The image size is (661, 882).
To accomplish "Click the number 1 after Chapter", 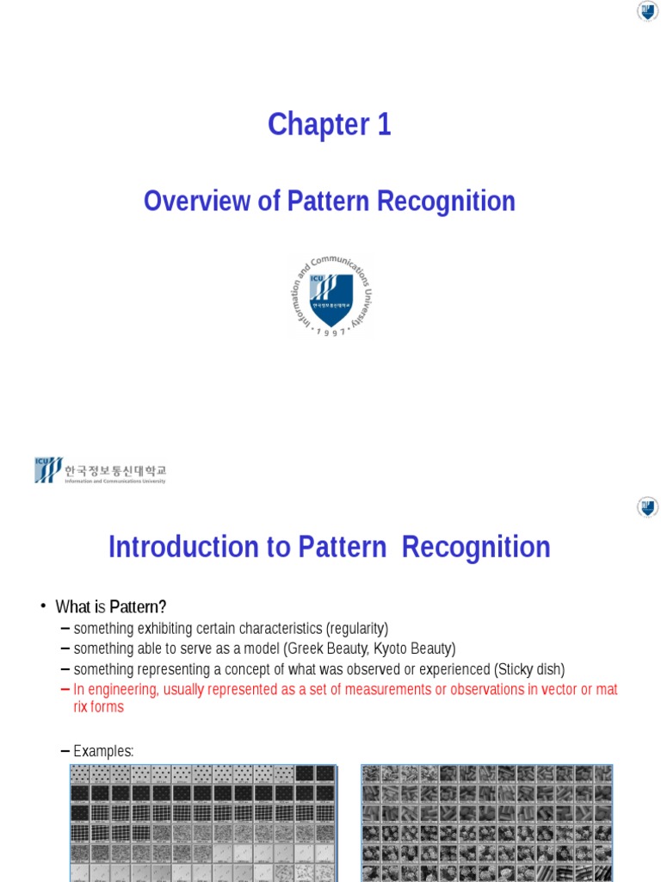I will pos(383,126).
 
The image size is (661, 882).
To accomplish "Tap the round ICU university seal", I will pos(331,295).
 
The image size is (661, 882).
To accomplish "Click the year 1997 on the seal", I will pos(331,332).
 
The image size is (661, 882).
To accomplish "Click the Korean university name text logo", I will pos(101,471).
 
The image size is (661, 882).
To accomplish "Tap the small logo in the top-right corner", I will pos(647,11).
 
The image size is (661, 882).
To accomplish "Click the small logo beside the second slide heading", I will pos(647,507).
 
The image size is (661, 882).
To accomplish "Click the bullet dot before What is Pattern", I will pos(42,606).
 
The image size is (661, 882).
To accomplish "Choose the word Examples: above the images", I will pos(103,751).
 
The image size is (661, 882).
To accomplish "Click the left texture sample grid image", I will pos(203,823).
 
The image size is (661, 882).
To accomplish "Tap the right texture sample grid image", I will pos(486,823).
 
